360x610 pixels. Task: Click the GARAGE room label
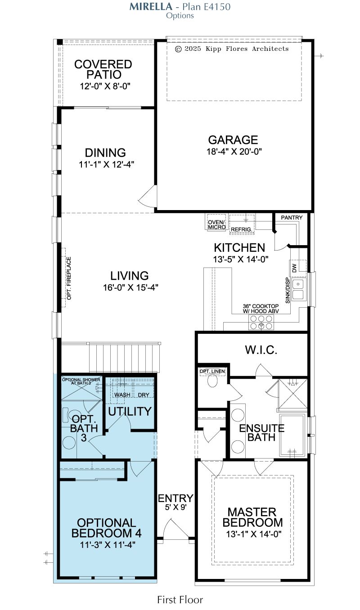(233, 140)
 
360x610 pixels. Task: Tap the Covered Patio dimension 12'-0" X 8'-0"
(105, 86)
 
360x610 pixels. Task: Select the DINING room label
(105, 153)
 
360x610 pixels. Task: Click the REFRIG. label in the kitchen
(242, 229)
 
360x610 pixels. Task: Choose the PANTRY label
(292, 218)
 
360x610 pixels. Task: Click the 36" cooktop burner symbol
(261, 323)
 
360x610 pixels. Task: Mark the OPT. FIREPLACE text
(69, 278)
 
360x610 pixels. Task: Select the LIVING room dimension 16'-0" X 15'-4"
(130, 287)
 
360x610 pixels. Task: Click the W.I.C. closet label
(261, 350)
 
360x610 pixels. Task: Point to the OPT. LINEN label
(212, 372)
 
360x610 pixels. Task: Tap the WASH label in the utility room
(122, 395)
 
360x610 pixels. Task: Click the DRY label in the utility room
(144, 395)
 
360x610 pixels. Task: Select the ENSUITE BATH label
(261, 433)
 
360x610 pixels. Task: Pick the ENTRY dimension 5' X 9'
(175, 507)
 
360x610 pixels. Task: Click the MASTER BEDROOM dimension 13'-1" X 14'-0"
(253, 534)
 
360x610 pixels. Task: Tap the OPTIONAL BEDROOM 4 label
(106, 528)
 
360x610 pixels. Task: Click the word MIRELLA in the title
(151, 7)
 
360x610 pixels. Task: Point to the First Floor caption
(180, 600)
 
